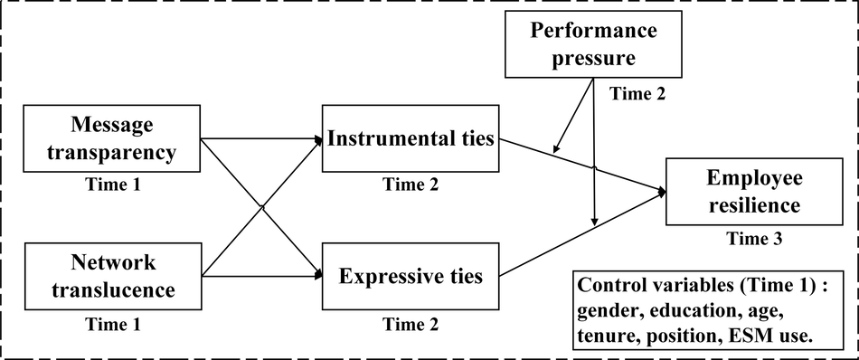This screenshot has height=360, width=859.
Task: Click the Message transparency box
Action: (111, 137)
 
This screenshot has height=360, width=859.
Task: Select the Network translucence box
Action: (111, 277)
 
